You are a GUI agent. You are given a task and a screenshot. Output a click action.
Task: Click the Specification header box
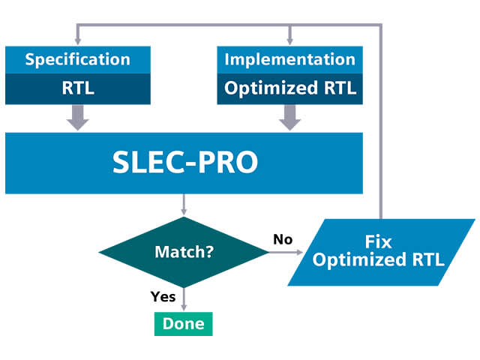click(78, 59)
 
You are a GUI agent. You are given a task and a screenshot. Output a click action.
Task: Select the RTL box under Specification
click(78, 88)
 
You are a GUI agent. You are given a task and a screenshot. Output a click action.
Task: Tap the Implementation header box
click(290, 59)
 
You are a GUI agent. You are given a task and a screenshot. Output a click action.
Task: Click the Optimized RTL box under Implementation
click(290, 88)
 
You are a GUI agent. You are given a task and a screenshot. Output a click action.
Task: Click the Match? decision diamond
click(184, 252)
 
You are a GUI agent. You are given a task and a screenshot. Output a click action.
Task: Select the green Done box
click(184, 324)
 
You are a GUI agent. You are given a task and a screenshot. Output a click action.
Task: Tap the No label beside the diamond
click(282, 240)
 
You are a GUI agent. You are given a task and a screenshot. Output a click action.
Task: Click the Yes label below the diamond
click(163, 296)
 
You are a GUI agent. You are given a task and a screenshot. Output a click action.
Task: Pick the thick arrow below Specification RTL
click(78, 116)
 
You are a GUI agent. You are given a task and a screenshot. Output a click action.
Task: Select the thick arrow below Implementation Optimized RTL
click(290, 116)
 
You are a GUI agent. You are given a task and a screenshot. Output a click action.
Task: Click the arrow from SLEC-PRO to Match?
click(184, 205)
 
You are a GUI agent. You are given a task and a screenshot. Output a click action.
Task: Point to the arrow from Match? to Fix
click(281, 253)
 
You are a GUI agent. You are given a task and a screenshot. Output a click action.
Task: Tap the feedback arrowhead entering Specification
click(78, 40)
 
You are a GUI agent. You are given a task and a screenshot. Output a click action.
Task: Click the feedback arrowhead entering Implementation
click(290, 40)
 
